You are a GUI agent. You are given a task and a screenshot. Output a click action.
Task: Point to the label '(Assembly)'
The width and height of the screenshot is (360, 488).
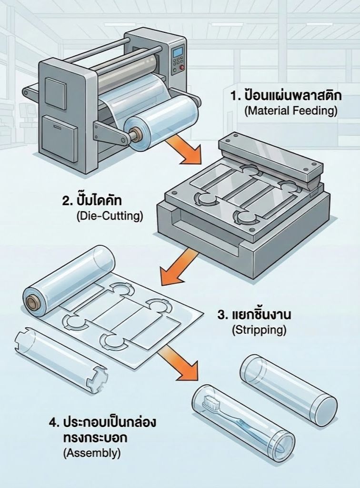pyautogui.click(x=91, y=453)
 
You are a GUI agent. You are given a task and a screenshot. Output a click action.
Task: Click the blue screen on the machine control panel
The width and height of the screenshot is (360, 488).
pyautogui.click(x=178, y=51)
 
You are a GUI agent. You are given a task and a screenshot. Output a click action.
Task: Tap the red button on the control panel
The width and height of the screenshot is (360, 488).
pyautogui.click(x=181, y=67)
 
